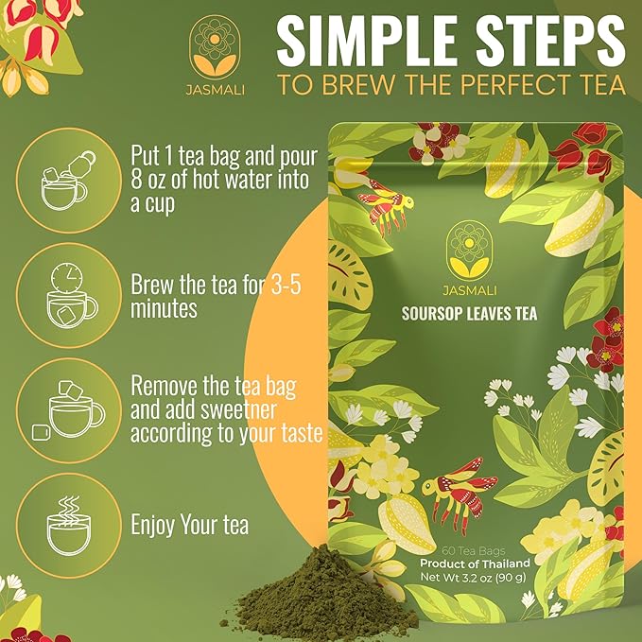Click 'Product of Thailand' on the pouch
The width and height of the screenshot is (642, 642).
coord(474,564)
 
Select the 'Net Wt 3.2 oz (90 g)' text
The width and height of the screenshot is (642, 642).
coord(473,577)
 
